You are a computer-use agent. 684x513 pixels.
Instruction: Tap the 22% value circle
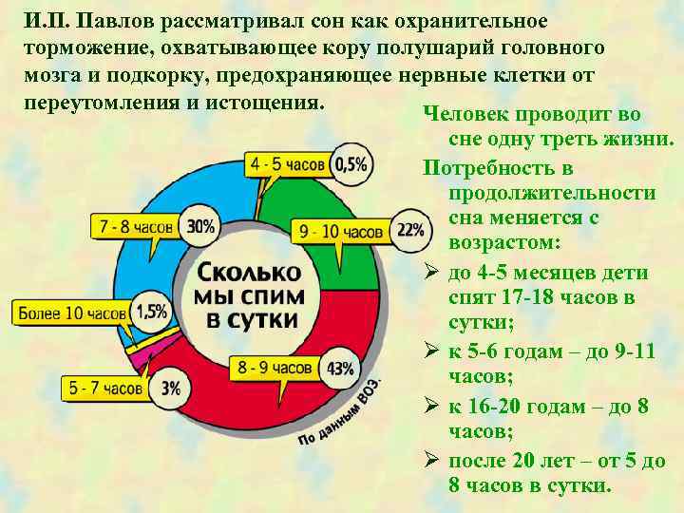click(x=409, y=230)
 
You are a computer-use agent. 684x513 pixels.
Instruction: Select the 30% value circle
click(x=200, y=227)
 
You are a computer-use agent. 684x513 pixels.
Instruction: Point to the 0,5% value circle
click(x=351, y=164)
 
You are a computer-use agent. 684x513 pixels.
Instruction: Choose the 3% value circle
click(x=170, y=388)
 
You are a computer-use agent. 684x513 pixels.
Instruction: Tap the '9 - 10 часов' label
click(x=340, y=231)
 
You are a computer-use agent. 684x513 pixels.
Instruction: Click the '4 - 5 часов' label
click(x=287, y=164)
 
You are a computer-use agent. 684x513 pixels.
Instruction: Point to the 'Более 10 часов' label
click(x=71, y=313)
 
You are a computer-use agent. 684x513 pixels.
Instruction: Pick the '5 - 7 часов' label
click(x=104, y=389)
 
